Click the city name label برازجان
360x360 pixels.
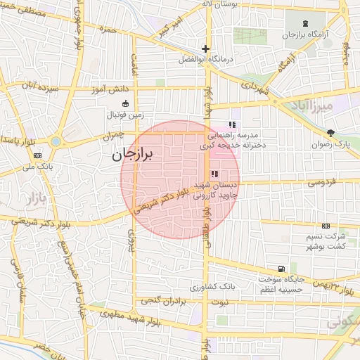tap(137, 153)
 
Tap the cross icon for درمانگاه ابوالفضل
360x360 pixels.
tap(205, 49)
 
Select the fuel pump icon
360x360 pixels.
tap(282, 269)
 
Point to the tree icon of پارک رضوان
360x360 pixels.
tap(331, 133)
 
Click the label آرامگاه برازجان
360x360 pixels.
tap(302, 34)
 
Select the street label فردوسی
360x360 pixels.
tap(320, 183)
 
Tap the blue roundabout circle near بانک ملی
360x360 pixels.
tap(56, 141)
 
